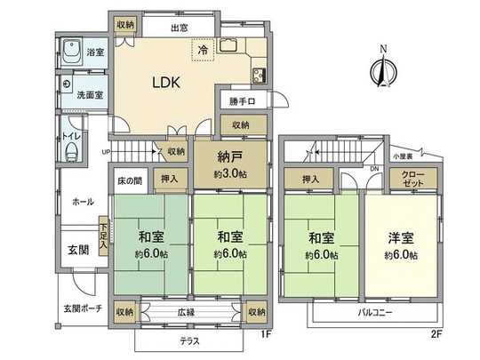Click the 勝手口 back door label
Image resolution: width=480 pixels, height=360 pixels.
[x=242, y=100]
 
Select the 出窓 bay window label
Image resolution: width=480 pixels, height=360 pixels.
[x=180, y=28]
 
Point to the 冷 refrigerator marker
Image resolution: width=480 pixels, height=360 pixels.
[x=204, y=51]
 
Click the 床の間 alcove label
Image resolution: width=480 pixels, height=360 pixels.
[x=130, y=181]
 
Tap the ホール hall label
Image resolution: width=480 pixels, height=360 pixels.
[x=84, y=202]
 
